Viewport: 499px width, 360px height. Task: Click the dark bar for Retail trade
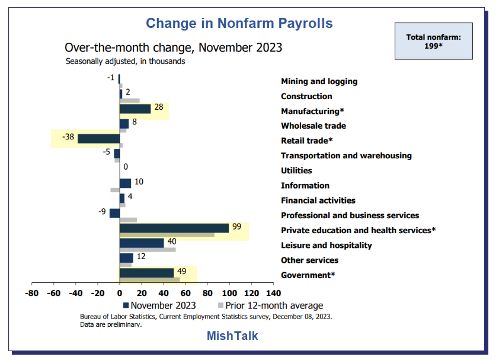(98, 138)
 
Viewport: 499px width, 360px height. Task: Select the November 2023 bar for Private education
(174, 228)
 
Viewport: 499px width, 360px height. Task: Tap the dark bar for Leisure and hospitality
(142, 243)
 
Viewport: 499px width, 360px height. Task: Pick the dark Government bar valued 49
(146, 272)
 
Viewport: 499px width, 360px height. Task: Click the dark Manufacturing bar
(135, 109)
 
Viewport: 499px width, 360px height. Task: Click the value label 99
(237, 226)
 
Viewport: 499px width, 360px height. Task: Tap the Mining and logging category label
(319, 81)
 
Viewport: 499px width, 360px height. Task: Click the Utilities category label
(296, 171)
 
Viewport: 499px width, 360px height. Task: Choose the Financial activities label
(318, 200)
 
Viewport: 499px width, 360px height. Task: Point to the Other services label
(309, 260)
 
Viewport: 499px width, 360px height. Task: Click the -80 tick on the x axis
(31, 293)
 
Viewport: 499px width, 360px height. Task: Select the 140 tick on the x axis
(273, 293)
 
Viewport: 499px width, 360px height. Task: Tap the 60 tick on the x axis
(185, 293)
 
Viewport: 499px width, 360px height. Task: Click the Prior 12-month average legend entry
(271, 305)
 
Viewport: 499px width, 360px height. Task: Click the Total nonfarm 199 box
(433, 41)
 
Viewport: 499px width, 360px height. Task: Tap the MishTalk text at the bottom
(232, 336)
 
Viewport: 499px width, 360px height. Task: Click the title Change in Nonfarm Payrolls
(239, 23)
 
